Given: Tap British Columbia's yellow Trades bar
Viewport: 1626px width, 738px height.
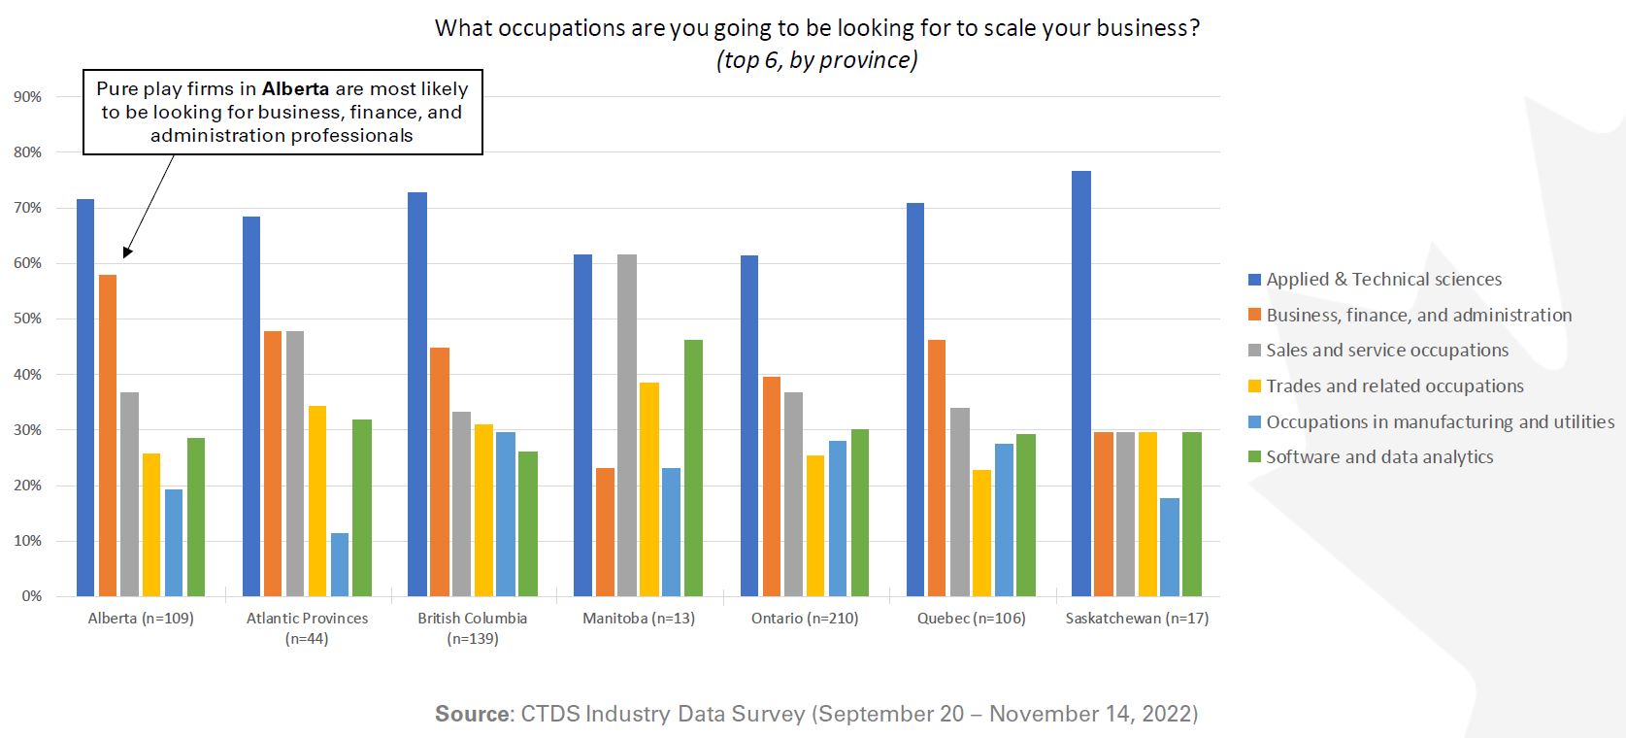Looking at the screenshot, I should click(x=483, y=510).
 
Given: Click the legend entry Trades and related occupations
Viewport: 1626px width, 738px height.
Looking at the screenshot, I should click(x=1394, y=386).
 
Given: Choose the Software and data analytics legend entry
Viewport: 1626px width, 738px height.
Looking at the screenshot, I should click(x=1378, y=457).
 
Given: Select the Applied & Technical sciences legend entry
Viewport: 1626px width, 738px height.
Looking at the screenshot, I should click(x=1383, y=280).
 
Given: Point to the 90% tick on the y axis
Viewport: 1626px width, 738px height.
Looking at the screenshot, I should click(x=28, y=97).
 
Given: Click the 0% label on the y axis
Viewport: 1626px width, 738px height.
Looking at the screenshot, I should click(x=32, y=596).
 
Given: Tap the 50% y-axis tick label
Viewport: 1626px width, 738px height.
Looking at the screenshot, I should click(x=28, y=319).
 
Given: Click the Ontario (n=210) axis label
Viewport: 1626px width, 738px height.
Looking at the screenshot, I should click(x=805, y=619).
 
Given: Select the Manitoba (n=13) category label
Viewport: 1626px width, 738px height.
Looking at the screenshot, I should click(x=639, y=619).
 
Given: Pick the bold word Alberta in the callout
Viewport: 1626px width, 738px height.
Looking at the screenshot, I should click(x=295, y=88).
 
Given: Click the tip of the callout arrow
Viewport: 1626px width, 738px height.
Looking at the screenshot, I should click(x=125, y=256).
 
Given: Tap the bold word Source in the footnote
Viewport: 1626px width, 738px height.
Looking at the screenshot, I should click(x=472, y=715).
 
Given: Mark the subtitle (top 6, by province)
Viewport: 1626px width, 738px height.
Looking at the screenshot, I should click(x=816, y=60).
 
